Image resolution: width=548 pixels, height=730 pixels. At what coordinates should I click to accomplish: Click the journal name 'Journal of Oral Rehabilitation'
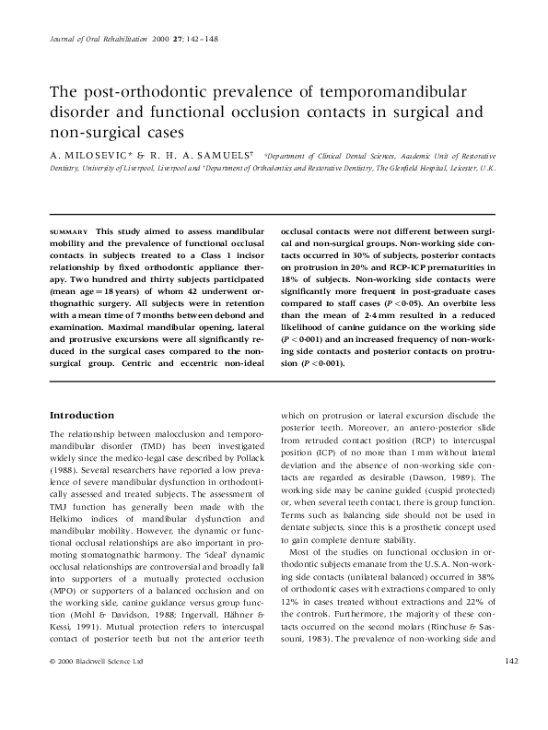pos(91,41)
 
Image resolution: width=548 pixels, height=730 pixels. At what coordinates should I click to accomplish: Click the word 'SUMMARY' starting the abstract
pos(69,231)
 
